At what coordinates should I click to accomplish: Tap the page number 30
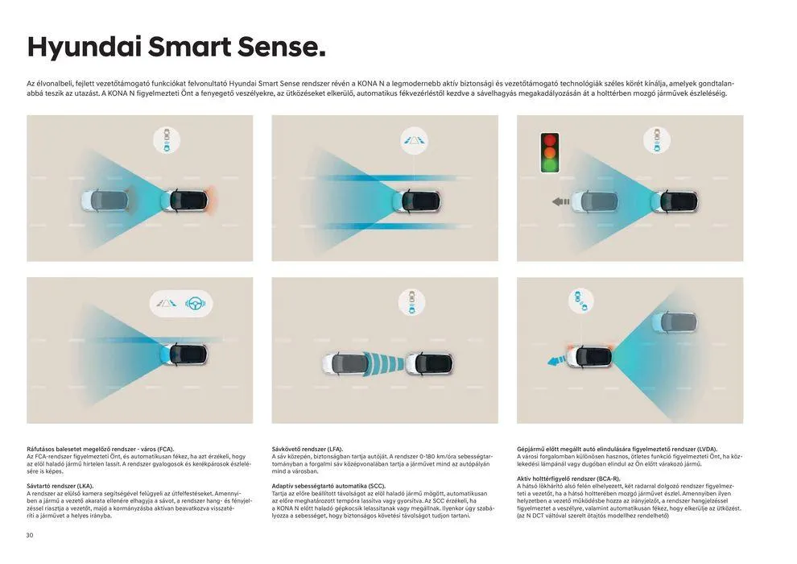pos(30,535)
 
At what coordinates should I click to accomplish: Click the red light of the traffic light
pos(550,140)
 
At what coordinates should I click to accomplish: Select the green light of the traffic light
pos(550,165)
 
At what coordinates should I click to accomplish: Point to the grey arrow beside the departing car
pos(560,202)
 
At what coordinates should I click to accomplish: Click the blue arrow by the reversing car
pos(556,361)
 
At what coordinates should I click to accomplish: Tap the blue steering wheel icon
pos(195,304)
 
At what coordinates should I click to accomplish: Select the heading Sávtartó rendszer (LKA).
pos(60,486)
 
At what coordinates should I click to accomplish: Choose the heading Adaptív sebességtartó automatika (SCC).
pos(329,486)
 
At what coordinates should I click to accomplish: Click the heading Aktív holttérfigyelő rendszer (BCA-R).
pos(568,479)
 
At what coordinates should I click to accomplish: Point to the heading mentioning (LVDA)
pos(617,449)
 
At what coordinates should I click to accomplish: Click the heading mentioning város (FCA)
pos(101,449)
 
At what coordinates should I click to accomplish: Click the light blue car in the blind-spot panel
pos(674,322)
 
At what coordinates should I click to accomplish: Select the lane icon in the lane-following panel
pos(415,140)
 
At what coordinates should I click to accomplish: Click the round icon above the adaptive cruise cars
pos(411,303)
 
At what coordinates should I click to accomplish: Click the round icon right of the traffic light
pos(656,140)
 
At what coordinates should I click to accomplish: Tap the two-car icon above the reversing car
pos(580,301)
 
